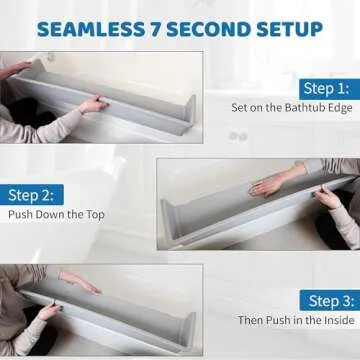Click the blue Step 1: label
(326, 88)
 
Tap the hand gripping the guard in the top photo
(92, 104)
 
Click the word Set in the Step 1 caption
(240, 107)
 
